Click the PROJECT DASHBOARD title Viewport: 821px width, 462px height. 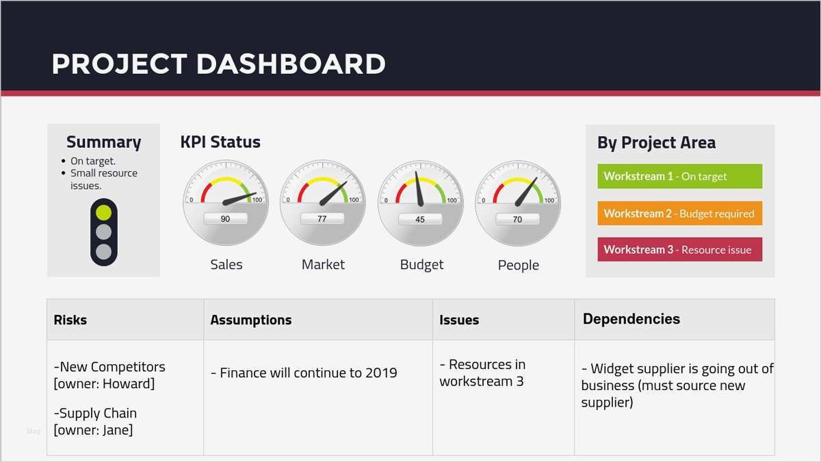click(x=218, y=64)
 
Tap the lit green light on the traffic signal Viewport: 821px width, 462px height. click(x=104, y=213)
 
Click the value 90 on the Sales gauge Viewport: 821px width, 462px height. click(x=225, y=219)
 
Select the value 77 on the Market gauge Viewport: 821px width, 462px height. click(x=322, y=219)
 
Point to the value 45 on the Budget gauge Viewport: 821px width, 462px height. click(x=420, y=219)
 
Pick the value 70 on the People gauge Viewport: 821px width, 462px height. click(x=517, y=219)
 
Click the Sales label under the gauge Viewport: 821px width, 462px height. click(x=226, y=264)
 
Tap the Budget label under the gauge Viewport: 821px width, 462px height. click(x=421, y=265)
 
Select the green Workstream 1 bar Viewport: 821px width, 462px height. click(x=680, y=177)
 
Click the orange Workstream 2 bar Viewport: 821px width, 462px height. click(x=680, y=214)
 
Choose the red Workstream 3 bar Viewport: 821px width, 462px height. click(x=680, y=250)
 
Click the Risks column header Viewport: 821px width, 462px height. click(x=70, y=320)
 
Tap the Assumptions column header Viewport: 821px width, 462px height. click(x=251, y=320)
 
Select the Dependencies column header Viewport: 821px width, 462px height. click(x=631, y=319)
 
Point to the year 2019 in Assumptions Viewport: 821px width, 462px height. click(x=381, y=373)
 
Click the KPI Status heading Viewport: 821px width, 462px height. click(x=220, y=142)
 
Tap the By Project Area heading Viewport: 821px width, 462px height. click(x=656, y=142)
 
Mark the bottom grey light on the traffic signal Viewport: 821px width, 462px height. click(x=104, y=252)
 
